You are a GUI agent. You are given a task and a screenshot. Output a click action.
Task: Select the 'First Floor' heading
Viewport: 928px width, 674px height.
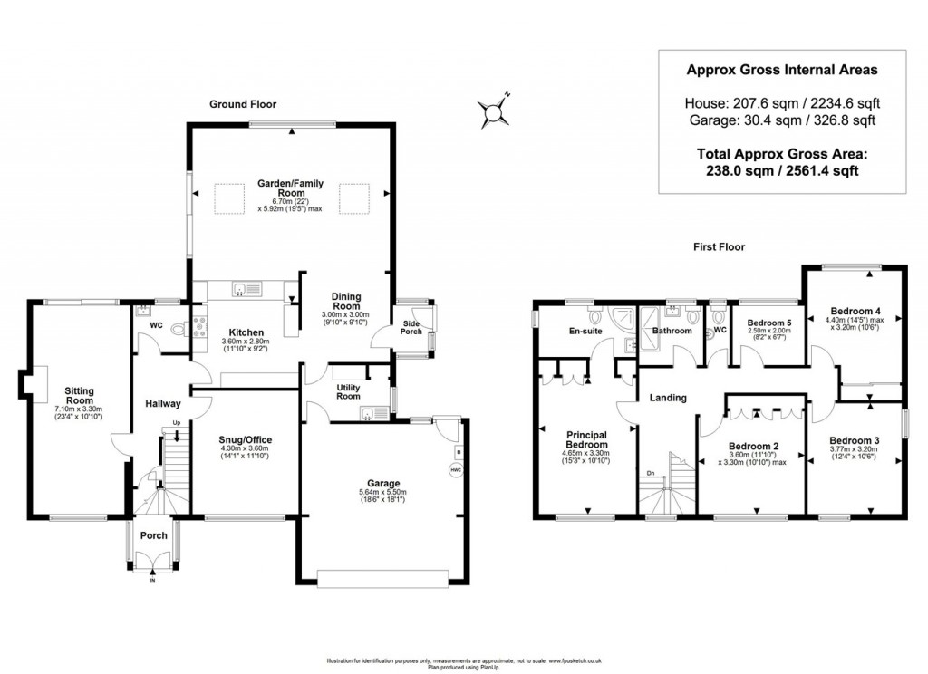[x=719, y=246]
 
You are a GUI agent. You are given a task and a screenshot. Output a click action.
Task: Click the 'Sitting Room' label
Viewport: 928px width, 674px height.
[x=79, y=395]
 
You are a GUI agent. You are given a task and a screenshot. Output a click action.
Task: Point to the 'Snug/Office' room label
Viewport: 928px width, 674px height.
[x=246, y=440]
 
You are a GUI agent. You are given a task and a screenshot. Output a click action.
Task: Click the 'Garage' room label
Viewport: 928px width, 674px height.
[x=383, y=483]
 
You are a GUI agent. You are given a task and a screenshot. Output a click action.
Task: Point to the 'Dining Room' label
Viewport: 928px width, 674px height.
[x=345, y=301]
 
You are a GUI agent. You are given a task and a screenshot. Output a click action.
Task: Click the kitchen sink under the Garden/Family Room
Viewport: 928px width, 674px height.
[x=241, y=290]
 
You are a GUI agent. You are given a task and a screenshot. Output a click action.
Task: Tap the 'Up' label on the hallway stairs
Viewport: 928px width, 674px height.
[x=176, y=423]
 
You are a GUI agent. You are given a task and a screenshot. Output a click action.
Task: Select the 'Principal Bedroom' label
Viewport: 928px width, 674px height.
[x=586, y=439]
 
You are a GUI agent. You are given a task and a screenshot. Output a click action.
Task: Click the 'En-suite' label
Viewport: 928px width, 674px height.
[x=585, y=332]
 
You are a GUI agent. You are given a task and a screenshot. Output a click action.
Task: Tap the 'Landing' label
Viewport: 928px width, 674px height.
[x=668, y=398]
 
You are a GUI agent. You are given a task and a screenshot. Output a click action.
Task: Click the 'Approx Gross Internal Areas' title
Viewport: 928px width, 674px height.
[x=780, y=69]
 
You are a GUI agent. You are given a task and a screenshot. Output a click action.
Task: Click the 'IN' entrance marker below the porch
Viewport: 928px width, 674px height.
[x=152, y=581]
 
